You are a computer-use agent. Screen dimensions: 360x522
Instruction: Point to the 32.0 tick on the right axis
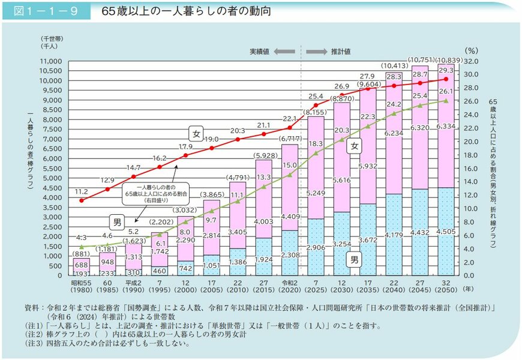pos(472,61)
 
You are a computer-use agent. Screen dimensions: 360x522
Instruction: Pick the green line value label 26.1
pos(446,91)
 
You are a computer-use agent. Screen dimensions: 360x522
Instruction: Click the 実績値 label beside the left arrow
pos(259,52)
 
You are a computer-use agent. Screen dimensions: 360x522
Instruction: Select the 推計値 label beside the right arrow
pos(341,52)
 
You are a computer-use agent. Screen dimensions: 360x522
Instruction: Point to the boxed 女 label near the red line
pos(196,133)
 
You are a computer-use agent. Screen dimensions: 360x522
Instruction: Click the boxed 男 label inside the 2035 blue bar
pos(355,260)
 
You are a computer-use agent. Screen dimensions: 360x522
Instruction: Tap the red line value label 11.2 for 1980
pos(82,191)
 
